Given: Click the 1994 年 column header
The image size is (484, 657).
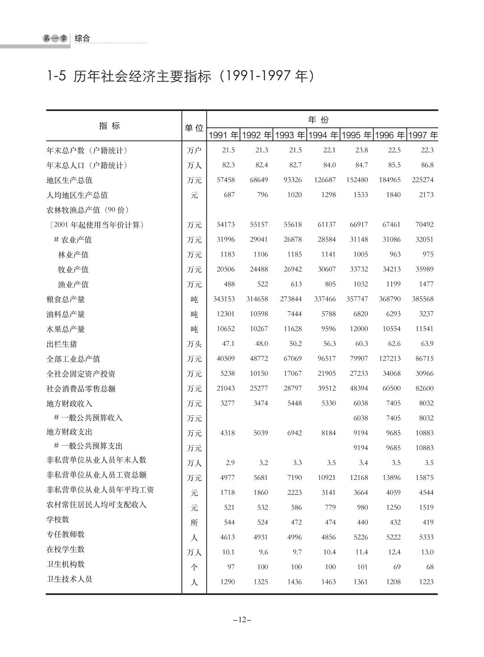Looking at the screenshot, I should (x=323, y=135).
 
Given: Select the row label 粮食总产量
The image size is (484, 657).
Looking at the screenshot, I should (x=66, y=299).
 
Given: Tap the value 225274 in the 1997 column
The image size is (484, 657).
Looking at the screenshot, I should (x=422, y=180).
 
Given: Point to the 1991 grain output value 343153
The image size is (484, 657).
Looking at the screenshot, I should (x=224, y=299).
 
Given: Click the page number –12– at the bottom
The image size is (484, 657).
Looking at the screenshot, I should (x=242, y=620).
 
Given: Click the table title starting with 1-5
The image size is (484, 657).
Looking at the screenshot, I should (x=180, y=76).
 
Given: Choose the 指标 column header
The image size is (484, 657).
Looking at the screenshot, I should (x=110, y=126).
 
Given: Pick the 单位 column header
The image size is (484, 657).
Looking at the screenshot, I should (x=194, y=128).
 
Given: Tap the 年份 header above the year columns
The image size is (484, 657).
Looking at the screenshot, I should (x=318, y=119).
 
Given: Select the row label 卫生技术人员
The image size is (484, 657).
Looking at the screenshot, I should (x=69, y=579).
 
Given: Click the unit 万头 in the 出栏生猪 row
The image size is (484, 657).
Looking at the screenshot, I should (x=194, y=344).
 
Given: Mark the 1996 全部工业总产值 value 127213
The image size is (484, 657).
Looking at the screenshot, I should (x=390, y=359).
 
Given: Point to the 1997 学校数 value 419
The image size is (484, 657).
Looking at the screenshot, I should (x=428, y=522).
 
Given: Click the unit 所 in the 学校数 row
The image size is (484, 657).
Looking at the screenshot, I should (x=194, y=523).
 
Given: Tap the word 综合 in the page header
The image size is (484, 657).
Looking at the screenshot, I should (x=82, y=38).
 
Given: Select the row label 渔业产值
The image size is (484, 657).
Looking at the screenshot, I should (x=73, y=284).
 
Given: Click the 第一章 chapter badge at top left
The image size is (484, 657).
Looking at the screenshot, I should (x=55, y=39).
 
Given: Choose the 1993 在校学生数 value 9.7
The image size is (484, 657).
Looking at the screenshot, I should (x=297, y=552).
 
